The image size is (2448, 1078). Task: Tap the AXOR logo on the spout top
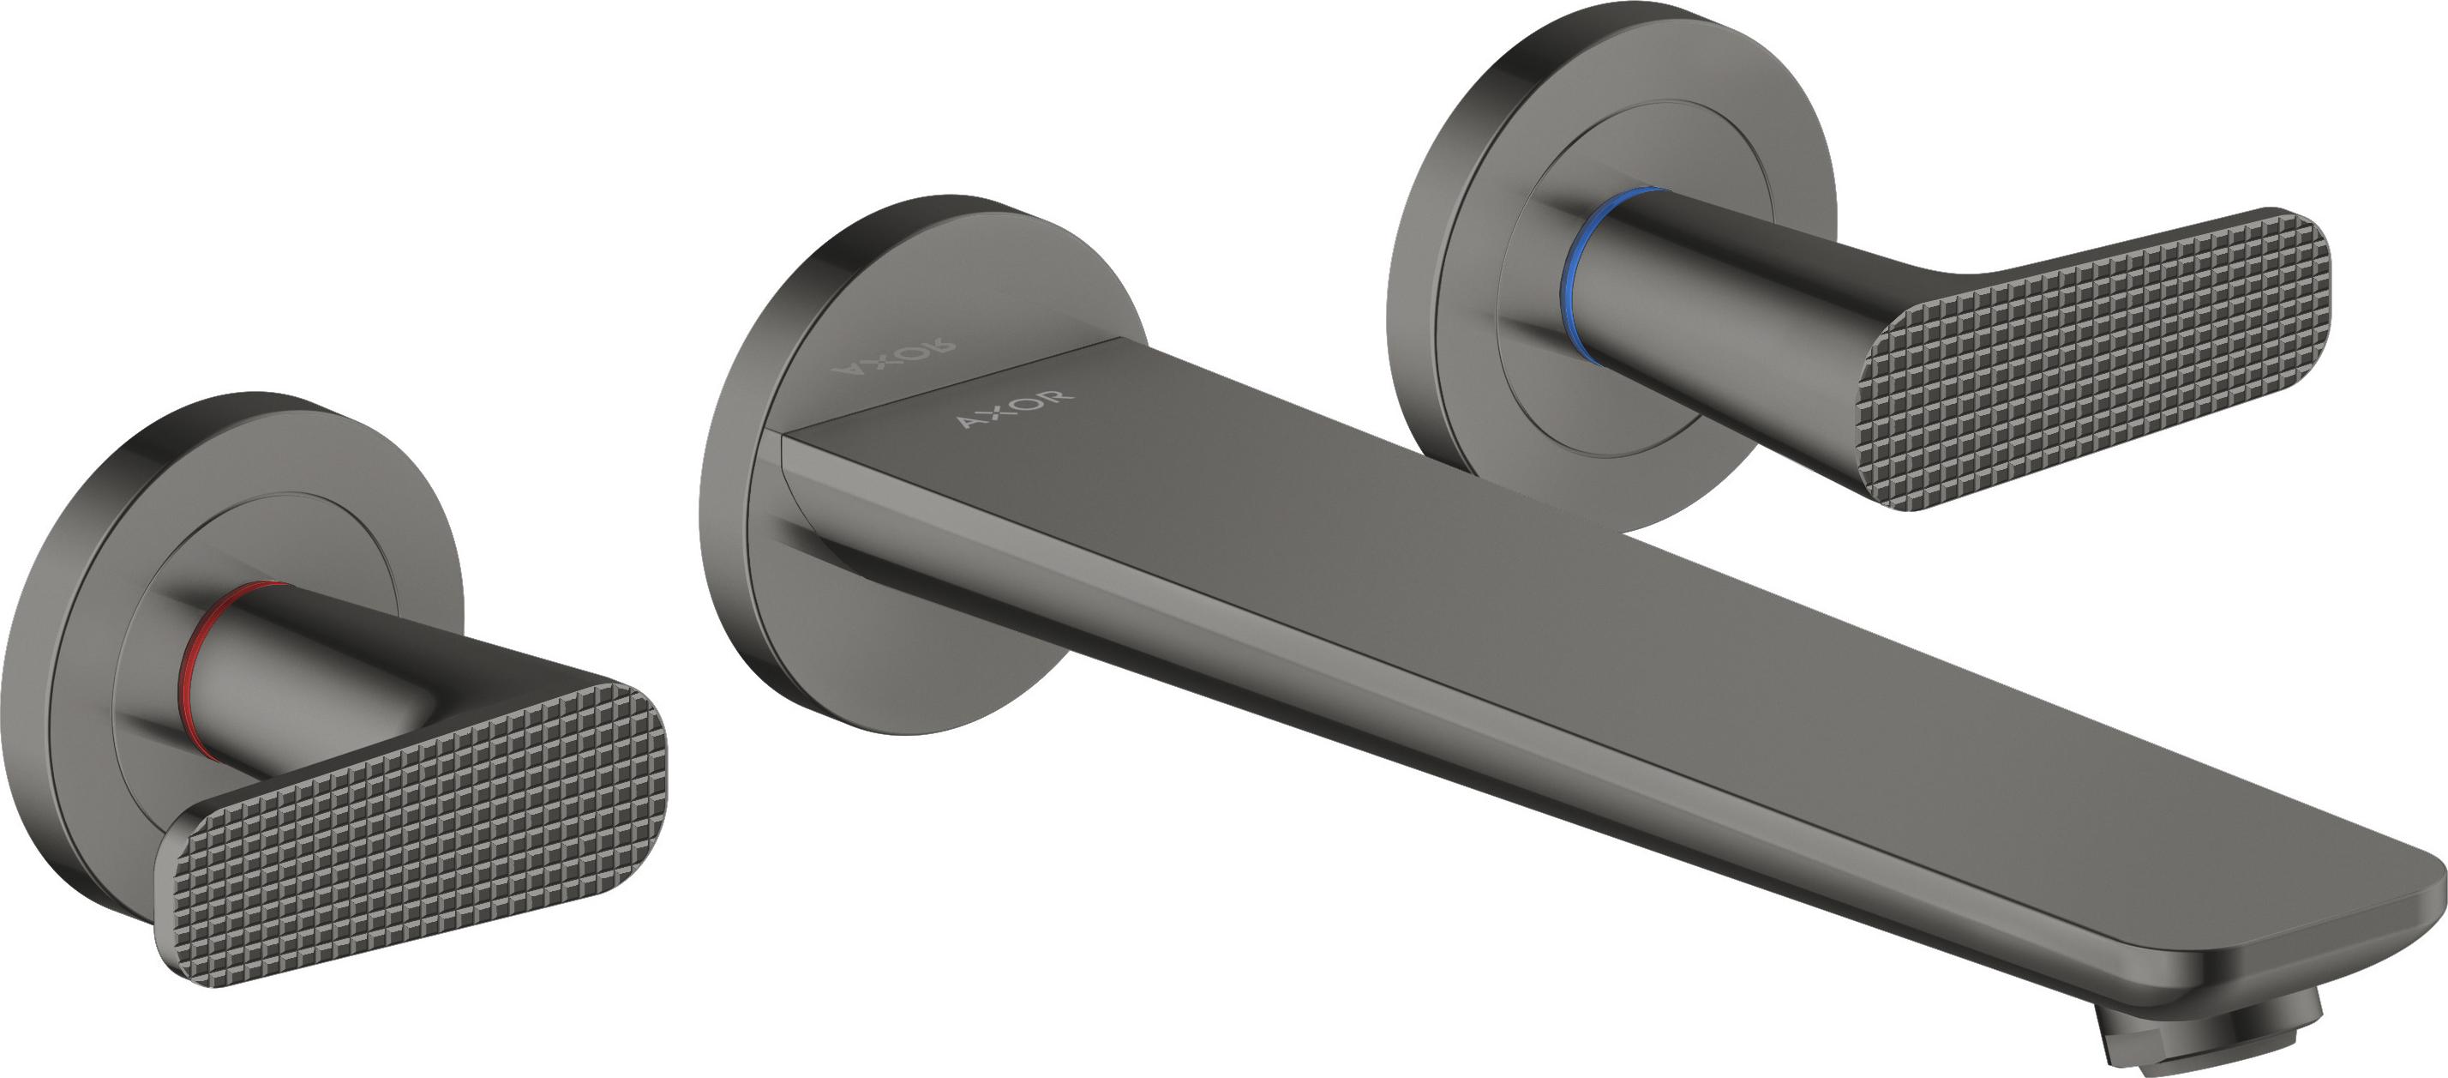pyautogui.click(x=1015, y=407)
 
